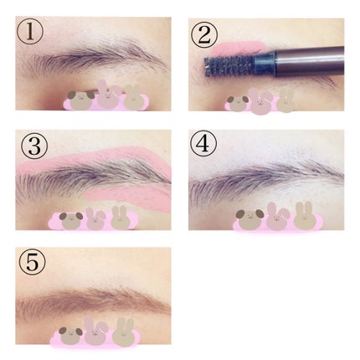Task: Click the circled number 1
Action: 30,32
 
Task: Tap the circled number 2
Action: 203,35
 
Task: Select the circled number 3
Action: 34,146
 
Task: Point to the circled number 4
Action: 203,144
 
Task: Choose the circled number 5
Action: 32,262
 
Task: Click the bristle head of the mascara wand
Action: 229,66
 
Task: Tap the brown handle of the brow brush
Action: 309,61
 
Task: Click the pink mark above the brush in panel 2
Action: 238,48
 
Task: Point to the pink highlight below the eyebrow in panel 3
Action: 131,197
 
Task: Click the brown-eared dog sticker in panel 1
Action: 81,100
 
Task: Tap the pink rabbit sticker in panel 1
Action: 107,95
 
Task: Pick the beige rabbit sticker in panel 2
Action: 285,102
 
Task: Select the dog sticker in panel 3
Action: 71,220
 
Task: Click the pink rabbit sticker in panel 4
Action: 277,217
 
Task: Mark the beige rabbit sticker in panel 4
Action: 303,216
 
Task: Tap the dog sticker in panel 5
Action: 70,335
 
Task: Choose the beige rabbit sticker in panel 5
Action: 123,332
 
